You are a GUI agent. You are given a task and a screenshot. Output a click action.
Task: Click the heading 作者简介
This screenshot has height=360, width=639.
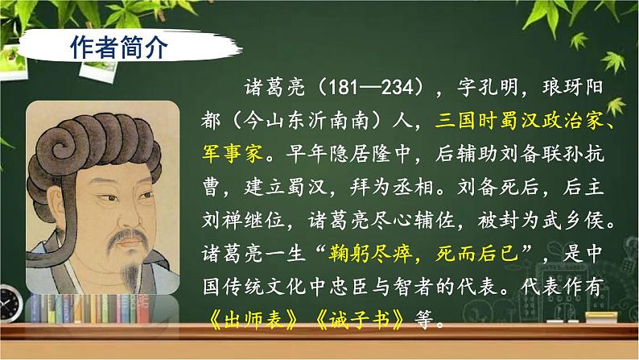[x=113, y=47]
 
